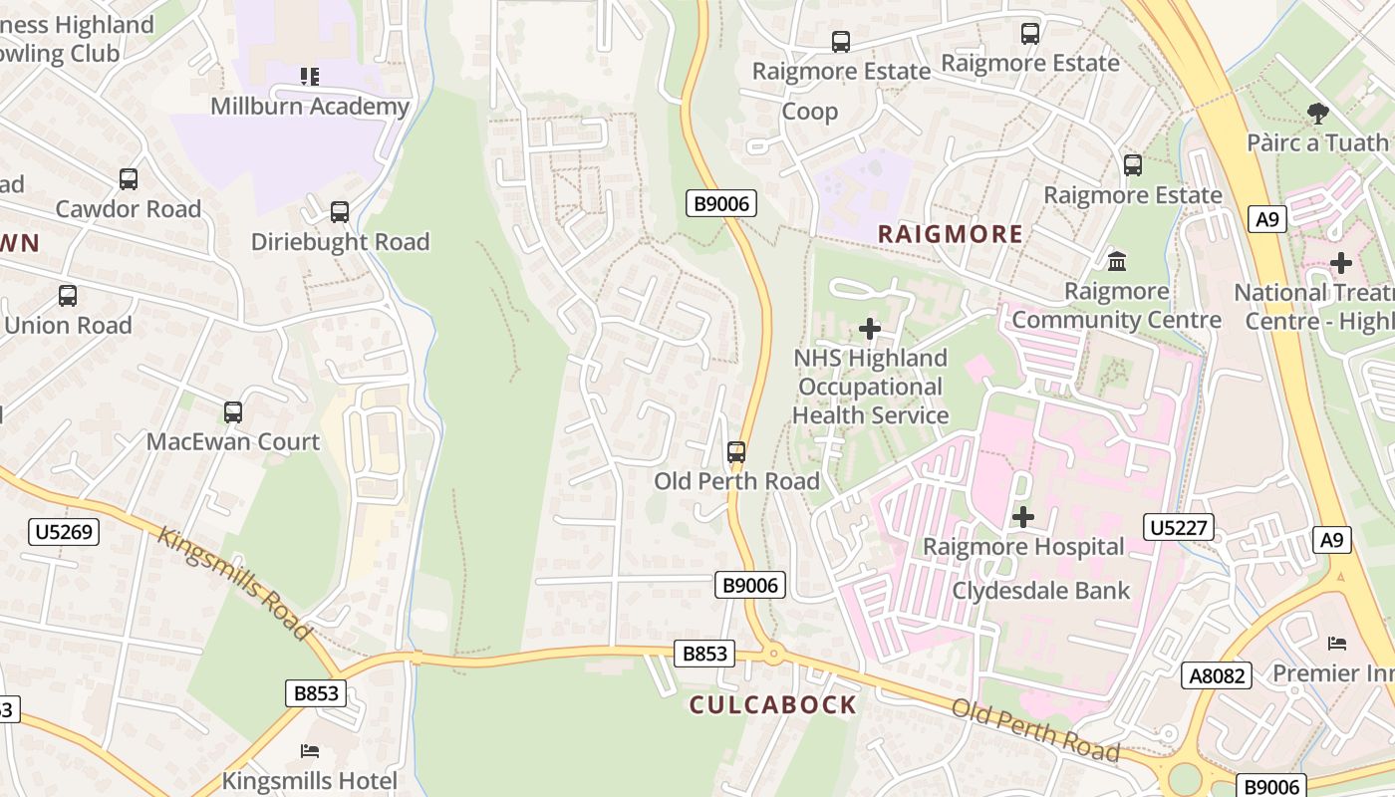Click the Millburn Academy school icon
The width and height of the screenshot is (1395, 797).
(x=310, y=76)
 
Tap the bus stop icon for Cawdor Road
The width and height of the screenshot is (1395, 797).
(x=129, y=179)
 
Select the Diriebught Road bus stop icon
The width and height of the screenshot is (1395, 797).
(x=340, y=212)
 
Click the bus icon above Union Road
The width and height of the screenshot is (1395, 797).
(x=68, y=296)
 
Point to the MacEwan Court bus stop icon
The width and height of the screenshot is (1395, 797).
(x=233, y=412)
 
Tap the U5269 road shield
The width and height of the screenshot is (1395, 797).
(x=64, y=532)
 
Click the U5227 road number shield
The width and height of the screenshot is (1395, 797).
(x=1179, y=527)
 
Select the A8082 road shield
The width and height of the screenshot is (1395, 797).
(x=1217, y=675)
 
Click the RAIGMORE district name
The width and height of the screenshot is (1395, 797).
(x=950, y=234)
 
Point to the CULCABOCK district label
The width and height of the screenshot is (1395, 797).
(x=773, y=705)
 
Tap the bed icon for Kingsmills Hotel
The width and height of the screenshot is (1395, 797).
(x=310, y=750)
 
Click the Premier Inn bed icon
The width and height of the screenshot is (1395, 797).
(x=1337, y=644)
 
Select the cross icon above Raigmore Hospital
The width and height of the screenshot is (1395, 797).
(x=1022, y=517)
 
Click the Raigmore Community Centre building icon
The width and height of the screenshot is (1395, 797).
(x=1117, y=262)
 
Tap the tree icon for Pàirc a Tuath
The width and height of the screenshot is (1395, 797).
(x=1317, y=114)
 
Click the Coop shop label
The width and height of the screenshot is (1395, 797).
(x=809, y=111)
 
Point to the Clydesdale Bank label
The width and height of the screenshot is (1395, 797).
(x=1041, y=591)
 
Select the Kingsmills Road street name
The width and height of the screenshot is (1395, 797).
(x=234, y=582)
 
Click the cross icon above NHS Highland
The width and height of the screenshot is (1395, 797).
(x=870, y=328)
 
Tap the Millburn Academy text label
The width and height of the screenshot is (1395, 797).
(x=310, y=107)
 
